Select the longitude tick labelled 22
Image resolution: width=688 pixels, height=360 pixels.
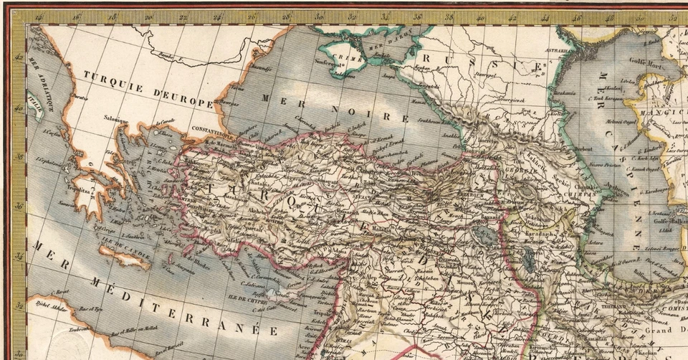click(183, 18)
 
